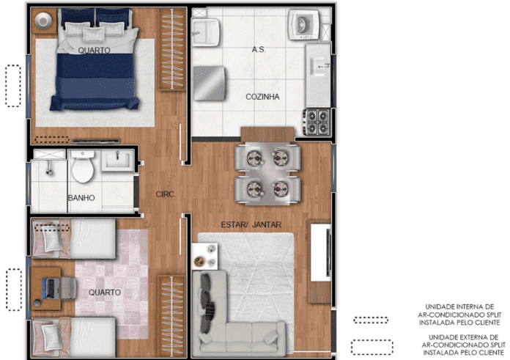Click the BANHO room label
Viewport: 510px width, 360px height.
pyautogui.click(x=81, y=198)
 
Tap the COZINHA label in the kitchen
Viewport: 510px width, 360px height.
pyautogui.click(x=262, y=97)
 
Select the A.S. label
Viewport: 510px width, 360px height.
pyautogui.click(x=259, y=49)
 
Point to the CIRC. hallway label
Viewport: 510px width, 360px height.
pyautogui.click(x=166, y=194)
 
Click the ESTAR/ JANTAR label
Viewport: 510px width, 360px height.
pyautogui.click(x=251, y=224)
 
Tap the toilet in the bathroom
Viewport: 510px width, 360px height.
pyautogui.click(x=83, y=166)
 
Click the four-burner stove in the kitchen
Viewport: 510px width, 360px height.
pyautogui.click(x=317, y=122)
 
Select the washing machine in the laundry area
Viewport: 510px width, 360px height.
pyautogui.click(x=304, y=24)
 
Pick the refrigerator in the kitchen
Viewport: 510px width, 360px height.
pyautogui.click(x=209, y=84)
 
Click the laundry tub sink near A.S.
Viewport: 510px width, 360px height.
pyautogui.click(x=205, y=32)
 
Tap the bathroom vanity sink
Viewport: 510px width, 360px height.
pyautogui.click(x=117, y=160)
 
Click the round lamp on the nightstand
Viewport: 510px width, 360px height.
pyautogui.click(x=43, y=21)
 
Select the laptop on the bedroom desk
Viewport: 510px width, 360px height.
pyautogui.click(x=51, y=288)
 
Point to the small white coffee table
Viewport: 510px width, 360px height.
pyautogui.click(x=204, y=256)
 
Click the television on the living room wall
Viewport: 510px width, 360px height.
pyautogui.click(x=329, y=253)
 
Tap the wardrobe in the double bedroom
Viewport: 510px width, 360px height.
pyautogui.click(x=171, y=49)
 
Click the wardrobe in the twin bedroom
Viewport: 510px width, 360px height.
pyautogui.click(x=171, y=316)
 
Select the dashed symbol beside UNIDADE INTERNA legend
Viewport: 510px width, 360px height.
pyautogui.click(x=371, y=320)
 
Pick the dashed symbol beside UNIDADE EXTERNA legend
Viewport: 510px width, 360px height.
pyautogui.click(x=372, y=348)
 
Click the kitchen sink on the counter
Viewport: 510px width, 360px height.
pyautogui.click(x=319, y=67)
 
